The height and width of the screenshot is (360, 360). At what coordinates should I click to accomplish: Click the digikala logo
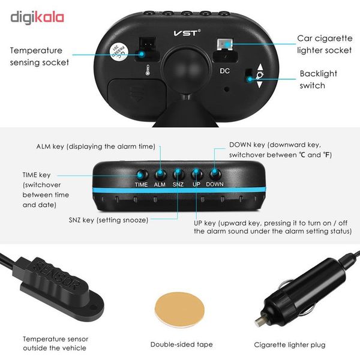tap(37, 17)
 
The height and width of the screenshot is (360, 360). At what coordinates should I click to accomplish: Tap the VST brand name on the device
tap(187, 33)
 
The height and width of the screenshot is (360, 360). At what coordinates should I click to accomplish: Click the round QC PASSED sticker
tap(119, 52)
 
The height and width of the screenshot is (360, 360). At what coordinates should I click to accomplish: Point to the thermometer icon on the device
tap(148, 70)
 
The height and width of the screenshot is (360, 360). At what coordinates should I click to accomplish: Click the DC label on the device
tap(224, 71)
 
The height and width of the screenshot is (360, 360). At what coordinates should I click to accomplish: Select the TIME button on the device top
tap(141, 175)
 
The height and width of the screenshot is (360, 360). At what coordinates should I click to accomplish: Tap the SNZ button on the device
tap(178, 174)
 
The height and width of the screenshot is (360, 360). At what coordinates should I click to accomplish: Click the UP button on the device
tap(197, 174)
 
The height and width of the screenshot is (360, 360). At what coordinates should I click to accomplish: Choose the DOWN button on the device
tap(215, 174)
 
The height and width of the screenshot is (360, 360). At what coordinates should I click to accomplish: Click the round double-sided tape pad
tap(180, 310)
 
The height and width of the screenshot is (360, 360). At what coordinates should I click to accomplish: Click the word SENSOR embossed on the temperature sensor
tap(57, 275)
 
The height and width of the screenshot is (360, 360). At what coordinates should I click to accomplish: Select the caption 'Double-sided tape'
tap(181, 344)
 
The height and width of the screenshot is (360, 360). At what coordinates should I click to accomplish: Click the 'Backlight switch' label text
tap(319, 79)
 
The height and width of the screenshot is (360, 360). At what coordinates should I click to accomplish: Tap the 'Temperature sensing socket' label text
tap(39, 56)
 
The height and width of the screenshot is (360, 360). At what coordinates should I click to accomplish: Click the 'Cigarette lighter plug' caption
tap(290, 345)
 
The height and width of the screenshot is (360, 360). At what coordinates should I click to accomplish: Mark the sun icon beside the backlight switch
tap(260, 75)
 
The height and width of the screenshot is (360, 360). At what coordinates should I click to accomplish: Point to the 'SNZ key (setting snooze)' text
tap(109, 220)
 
